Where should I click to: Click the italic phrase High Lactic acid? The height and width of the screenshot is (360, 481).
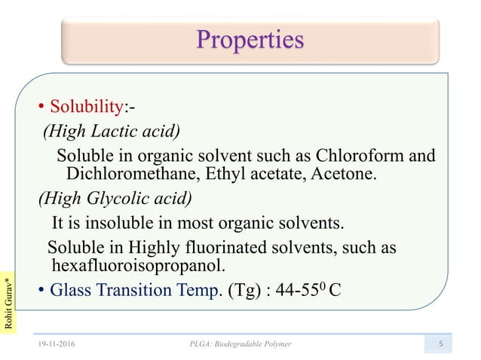112,133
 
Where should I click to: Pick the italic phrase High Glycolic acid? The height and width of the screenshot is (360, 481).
115,199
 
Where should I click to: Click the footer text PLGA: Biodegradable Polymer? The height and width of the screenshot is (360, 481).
240,343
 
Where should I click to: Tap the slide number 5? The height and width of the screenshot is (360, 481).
448,343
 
